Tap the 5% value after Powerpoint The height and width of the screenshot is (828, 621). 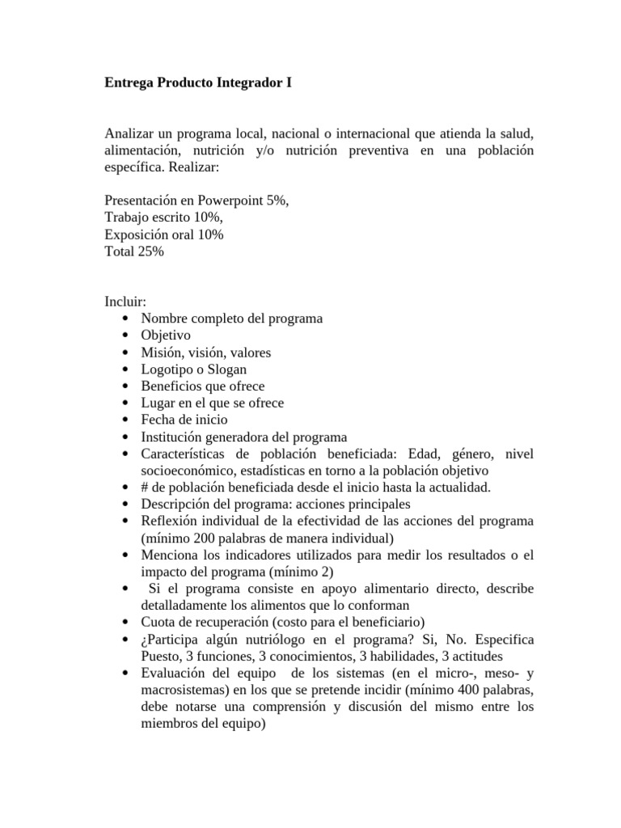point(277,201)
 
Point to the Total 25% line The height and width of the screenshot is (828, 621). point(134,251)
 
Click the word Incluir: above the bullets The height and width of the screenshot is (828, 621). point(125,302)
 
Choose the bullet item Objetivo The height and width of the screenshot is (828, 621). point(165,335)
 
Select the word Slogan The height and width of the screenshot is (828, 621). point(229,369)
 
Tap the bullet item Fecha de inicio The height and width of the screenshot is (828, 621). point(184,420)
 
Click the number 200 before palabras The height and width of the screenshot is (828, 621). point(208,538)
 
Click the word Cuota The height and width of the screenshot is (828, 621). point(158,623)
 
